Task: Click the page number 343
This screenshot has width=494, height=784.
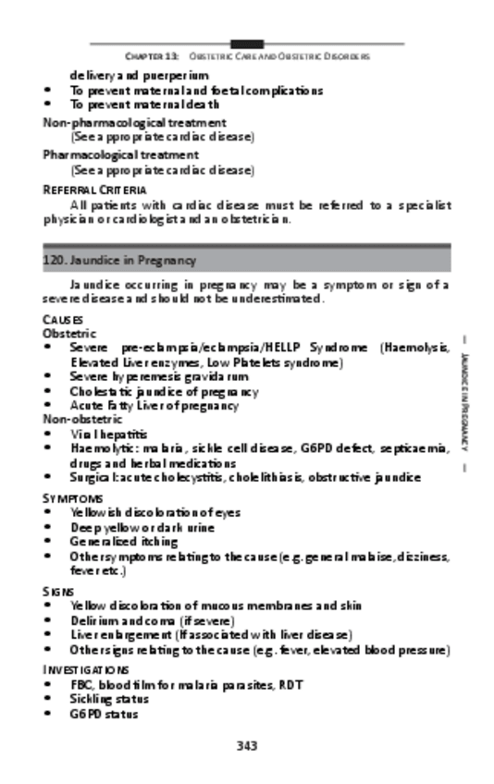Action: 246,745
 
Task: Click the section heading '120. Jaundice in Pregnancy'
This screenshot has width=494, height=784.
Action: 119,261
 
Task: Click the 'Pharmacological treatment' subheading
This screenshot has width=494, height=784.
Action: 120,154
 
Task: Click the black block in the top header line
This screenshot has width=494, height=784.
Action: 246,43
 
